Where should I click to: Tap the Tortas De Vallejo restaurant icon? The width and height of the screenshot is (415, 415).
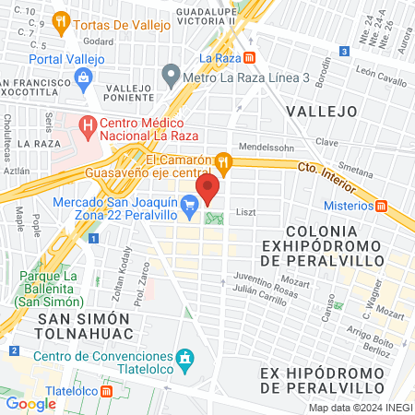tap(61, 19)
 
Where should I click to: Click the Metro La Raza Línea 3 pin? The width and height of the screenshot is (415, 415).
tap(170, 72)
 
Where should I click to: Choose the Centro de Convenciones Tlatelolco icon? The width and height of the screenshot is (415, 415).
tap(184, 357)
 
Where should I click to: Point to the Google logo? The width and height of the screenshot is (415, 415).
tap(30, 403)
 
